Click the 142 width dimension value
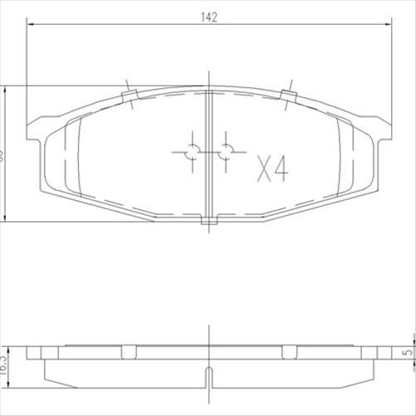tap(208, 16)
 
